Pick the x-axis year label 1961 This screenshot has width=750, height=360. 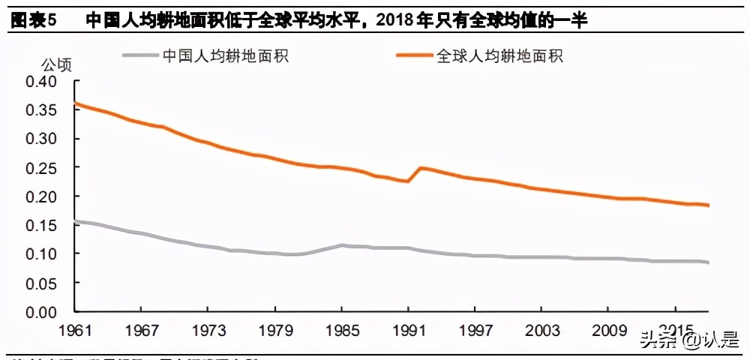point(76,331)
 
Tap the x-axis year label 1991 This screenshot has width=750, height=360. point(408,331)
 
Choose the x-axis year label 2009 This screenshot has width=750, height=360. point(608,331)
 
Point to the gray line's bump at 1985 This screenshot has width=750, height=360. point(342,245)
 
